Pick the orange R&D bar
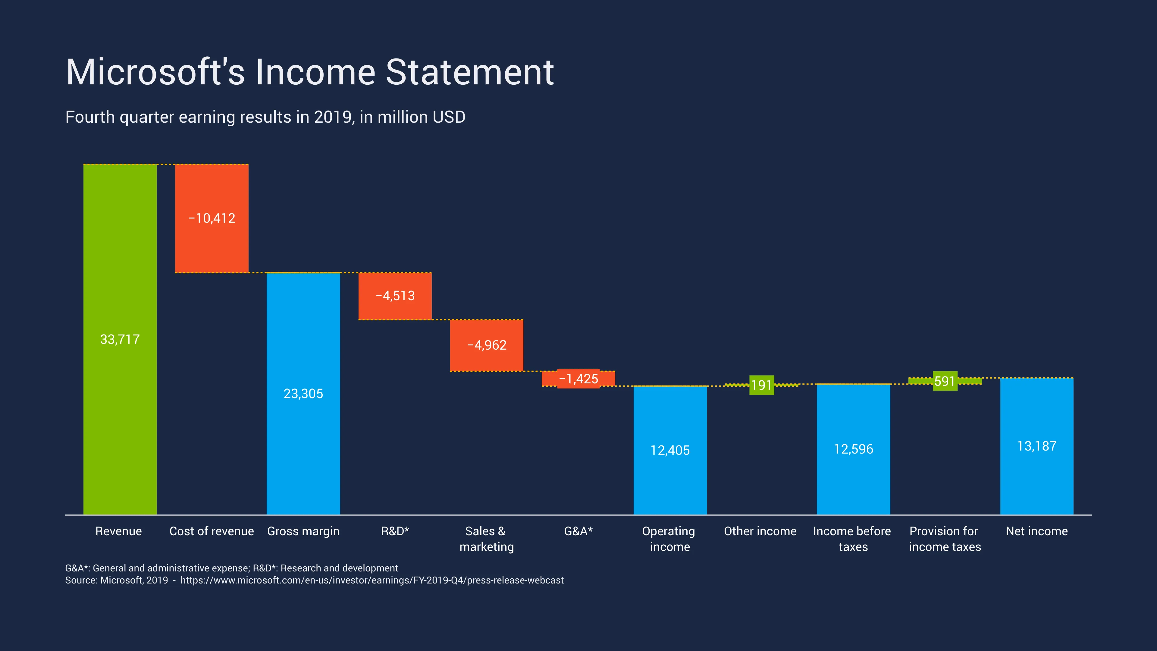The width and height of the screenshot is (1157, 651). (395, 310)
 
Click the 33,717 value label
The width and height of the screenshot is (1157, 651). (120, 339)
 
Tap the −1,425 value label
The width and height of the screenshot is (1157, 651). (578, 379)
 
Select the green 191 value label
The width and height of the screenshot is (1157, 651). (761, 385)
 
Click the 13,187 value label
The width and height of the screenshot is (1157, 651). (1036, 446)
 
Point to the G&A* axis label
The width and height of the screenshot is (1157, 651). (578, 531)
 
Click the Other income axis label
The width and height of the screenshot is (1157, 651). (760, 531)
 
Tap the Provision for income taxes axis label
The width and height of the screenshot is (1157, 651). (945, 539)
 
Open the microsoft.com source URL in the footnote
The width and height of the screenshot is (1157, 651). (372, 580)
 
